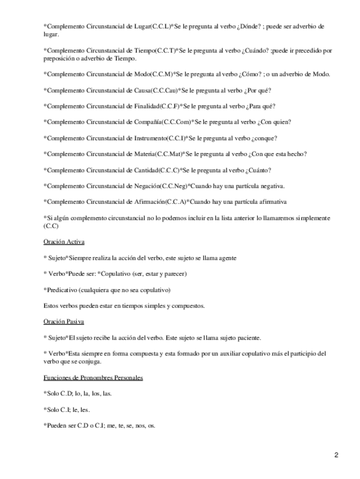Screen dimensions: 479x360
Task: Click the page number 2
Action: point(336,455)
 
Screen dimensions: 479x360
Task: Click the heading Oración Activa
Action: point(64,242)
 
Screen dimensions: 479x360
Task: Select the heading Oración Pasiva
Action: point(64,322)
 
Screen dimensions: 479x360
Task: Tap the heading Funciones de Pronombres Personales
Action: point(93,377)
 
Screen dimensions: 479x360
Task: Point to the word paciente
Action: point(248,338)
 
